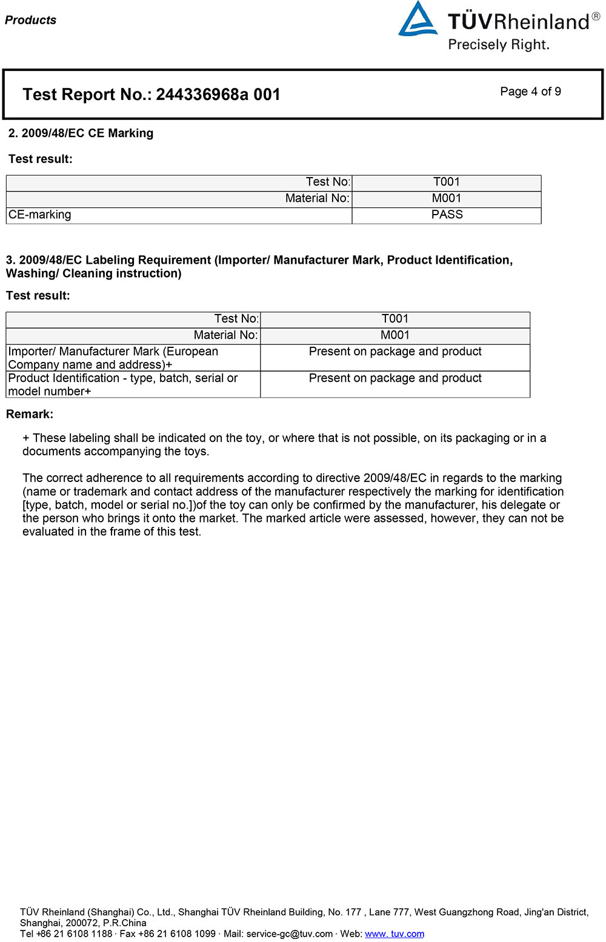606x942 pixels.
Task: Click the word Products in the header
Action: [30, 20]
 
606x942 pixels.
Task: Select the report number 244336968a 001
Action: [218, 95]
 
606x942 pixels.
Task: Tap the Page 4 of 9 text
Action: [530, 92]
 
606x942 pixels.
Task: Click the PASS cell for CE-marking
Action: [447, 215]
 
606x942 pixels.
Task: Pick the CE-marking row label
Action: [40, 215]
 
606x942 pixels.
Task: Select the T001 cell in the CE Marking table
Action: [447, 182]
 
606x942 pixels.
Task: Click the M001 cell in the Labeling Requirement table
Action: [395, 335]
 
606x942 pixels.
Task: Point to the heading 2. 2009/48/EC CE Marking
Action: [81, 133]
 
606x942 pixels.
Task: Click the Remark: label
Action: [30, 414]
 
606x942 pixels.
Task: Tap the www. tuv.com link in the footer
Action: [395, 934]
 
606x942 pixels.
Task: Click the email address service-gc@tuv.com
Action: [289, 934]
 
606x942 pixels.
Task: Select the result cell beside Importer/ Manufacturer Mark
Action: [395, 352]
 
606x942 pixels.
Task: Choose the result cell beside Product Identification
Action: [395, 378]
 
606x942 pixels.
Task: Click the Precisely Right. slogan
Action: [499, 45]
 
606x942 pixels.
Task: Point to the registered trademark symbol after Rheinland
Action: [596, 16]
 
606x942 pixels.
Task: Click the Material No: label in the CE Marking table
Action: [318, 198]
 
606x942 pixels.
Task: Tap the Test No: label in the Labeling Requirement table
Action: [236, 319]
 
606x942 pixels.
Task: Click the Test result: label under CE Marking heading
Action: [41, 159]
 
